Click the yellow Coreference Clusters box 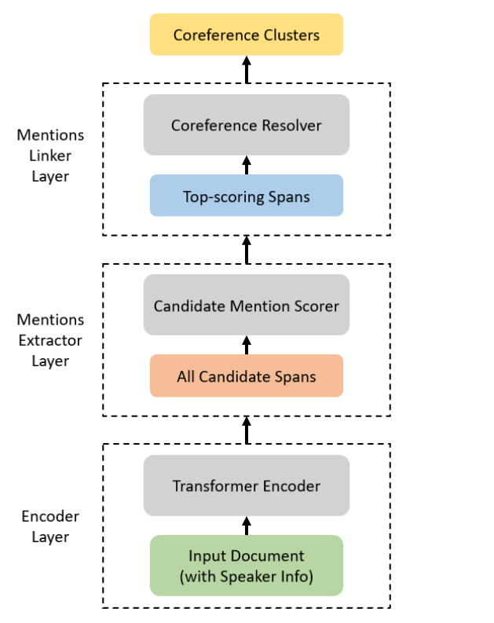pos(247,35)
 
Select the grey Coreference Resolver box pos(247,125)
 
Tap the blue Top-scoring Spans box pos(247,196)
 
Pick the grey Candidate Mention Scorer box pos(247,305)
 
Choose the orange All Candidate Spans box pos(247,376)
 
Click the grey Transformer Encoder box pos(247,486)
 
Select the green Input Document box pos(247,566)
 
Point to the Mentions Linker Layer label pos(50,156)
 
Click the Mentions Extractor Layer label pos(50,340)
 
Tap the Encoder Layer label pos(50,526)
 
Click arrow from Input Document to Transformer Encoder pos(247,526)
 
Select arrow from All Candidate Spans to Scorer pos(247,345)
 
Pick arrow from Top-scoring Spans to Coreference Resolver pos(247,164)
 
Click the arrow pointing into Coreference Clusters pos(247,69)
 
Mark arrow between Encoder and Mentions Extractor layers pos(247,430)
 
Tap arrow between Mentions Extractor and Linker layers pos(247,249)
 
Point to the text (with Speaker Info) pos(247,577)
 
